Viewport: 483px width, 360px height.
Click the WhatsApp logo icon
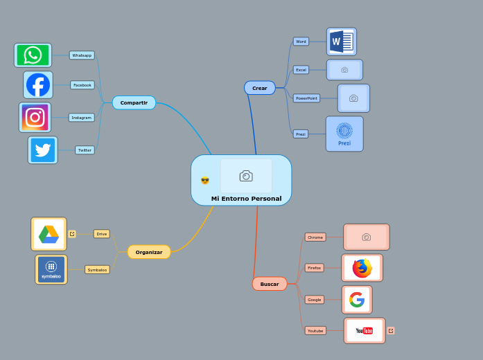pos(33,55)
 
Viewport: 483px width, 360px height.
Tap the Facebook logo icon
pos(38,85)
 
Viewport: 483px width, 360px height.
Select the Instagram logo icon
pos(35,117)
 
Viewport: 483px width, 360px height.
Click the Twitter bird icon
pos(43,150)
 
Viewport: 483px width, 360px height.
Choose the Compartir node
pos(134,102)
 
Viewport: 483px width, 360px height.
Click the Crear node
pos(260,88)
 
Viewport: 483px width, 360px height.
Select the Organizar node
pos(149,252)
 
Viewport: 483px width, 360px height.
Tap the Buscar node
pos(270,284)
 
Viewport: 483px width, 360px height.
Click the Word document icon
pos(341,42)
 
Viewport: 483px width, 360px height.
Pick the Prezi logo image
pos(344,134)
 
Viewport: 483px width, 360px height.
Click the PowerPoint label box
pos(306,98)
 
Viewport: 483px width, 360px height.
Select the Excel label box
pos(301,70)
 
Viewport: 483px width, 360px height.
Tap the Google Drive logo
pos(49,234)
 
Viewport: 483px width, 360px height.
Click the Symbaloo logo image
pos(51,269)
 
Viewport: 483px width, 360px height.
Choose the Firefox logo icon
pos(362,268)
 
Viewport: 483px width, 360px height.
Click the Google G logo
pos(357,300)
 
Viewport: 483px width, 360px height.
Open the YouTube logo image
pos(365,331)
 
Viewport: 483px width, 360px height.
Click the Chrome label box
pos(315,237)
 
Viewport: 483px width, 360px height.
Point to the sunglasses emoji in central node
pos(205,181)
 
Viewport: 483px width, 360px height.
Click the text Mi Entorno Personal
pos(246,199)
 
